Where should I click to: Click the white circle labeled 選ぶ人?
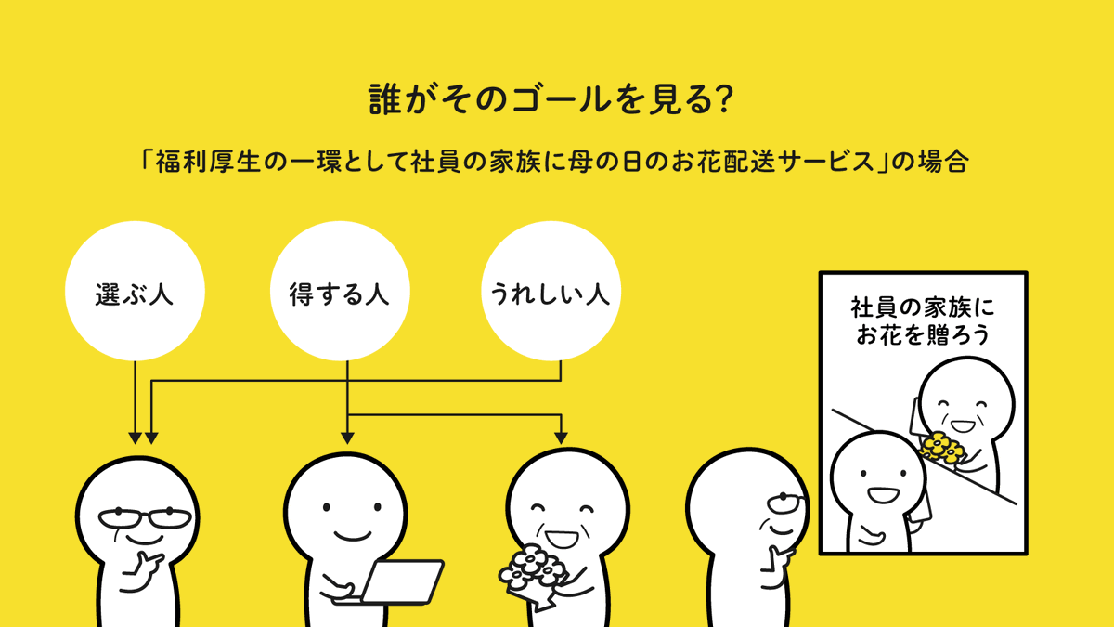[x=135, y=293]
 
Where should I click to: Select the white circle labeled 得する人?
[x=340, y=293]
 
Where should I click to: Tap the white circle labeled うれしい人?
[x=550, y=293]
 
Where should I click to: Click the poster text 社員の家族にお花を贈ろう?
[x=922, y=320]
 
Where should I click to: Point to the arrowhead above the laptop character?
[x=347, y=435]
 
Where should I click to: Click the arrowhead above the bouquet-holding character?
[x=561, y=435]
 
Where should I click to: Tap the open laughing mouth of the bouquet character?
[x=561, y=537]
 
